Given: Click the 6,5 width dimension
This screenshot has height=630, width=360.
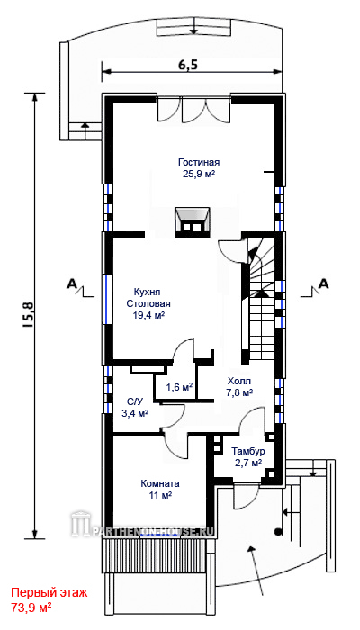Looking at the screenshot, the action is [x=188, y=64].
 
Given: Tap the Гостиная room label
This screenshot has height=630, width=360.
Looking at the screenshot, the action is [x=199, y=162].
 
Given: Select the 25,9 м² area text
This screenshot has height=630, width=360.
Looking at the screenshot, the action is [x=199, y=174].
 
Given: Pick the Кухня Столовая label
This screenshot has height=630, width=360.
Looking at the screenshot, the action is [x=148, y=297].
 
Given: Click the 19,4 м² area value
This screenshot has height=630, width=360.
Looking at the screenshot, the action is [x=148, y=315].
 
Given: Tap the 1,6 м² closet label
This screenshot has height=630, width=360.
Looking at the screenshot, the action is [x=179, y=387].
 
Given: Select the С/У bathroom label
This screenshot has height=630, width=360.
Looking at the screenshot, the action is [x=135, y=401].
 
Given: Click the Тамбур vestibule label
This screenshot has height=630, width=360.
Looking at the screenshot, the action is [x=248, y=451].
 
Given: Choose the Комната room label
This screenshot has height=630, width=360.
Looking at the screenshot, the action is [x=160, y=483].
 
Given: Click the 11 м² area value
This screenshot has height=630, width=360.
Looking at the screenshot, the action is [x=160, y=495].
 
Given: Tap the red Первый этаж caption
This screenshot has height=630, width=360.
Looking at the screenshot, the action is [x=49, y=592].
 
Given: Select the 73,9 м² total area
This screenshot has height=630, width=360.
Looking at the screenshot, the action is [x=31, y=607].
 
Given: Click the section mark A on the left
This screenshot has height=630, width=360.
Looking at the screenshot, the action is [x=71, y=284].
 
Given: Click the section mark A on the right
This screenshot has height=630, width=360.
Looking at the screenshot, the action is [x=323, y=283].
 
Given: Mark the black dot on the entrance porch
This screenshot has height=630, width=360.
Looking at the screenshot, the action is [x=277, y=533].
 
